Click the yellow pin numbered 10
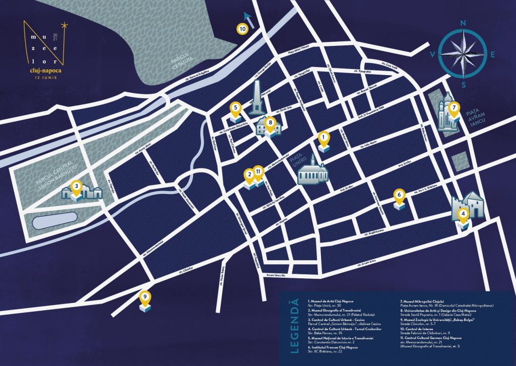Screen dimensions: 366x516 coord(242,29)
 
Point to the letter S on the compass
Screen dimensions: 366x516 coord(463,85)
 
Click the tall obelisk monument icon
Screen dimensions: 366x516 coord(256,98)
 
